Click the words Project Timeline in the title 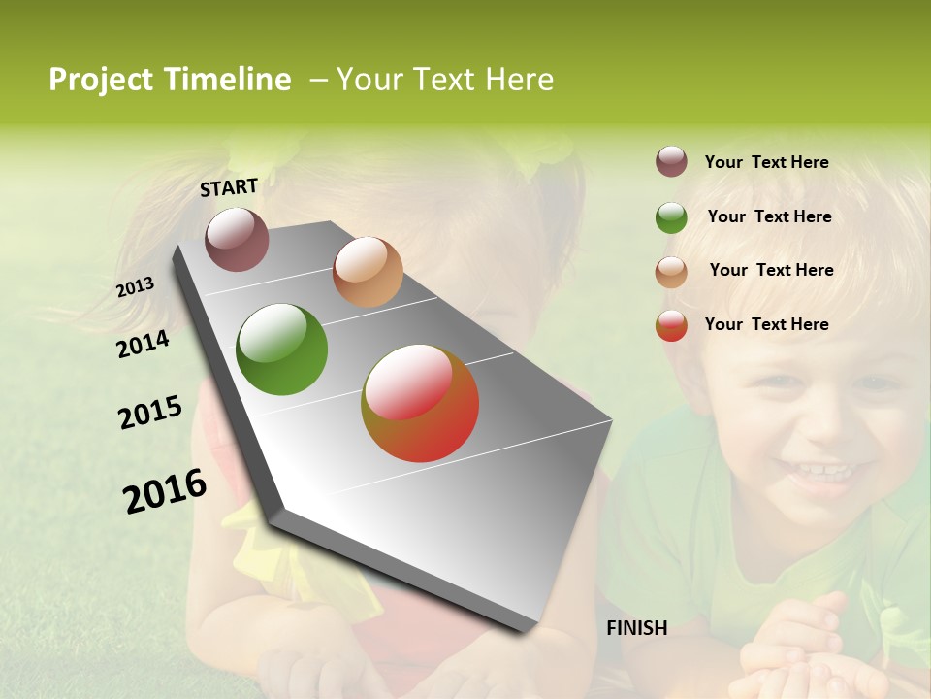pyautogui.click(x=170, y=80)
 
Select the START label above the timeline pyautogui.click(x=229, y=187)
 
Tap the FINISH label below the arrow pyautogui.click(x=636, y=628)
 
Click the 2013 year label pyautogui.click(x=135, y=287)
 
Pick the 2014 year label pyautogui.click(x=143, y=344)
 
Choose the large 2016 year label pyautogui.click(x=164, y=491)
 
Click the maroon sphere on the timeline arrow pyautogui.click(x=237, y=239)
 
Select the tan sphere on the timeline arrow pyautogui.click(x=367, y=272)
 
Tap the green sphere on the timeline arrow pyautogui.click(x=281, y=349)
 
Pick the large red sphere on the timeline pyautogui.click(x=420, y=403)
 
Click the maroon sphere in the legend pyautogui.click(x=671, y=162)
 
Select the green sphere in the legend pyautogui.click(x=671, y=217)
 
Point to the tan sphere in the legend pyautogui.click(x=671, y=272)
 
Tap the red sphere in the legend pyautogui.click(x=671, y=325)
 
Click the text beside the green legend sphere pyautogui.click(x=769, y=216)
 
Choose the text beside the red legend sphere pyautogui.click(x=766, y=324)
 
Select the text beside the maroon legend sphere pyautogui.click(x=766, y=162)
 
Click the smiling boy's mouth pyautogui.click(x=819, y=475)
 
